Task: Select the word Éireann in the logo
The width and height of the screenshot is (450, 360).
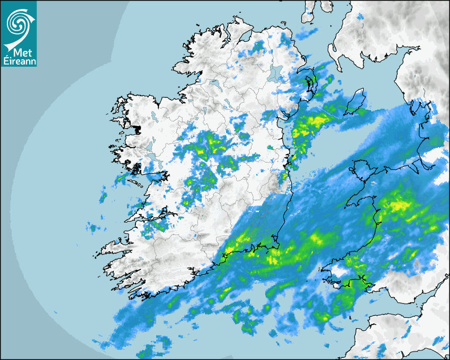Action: pos(19,61)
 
